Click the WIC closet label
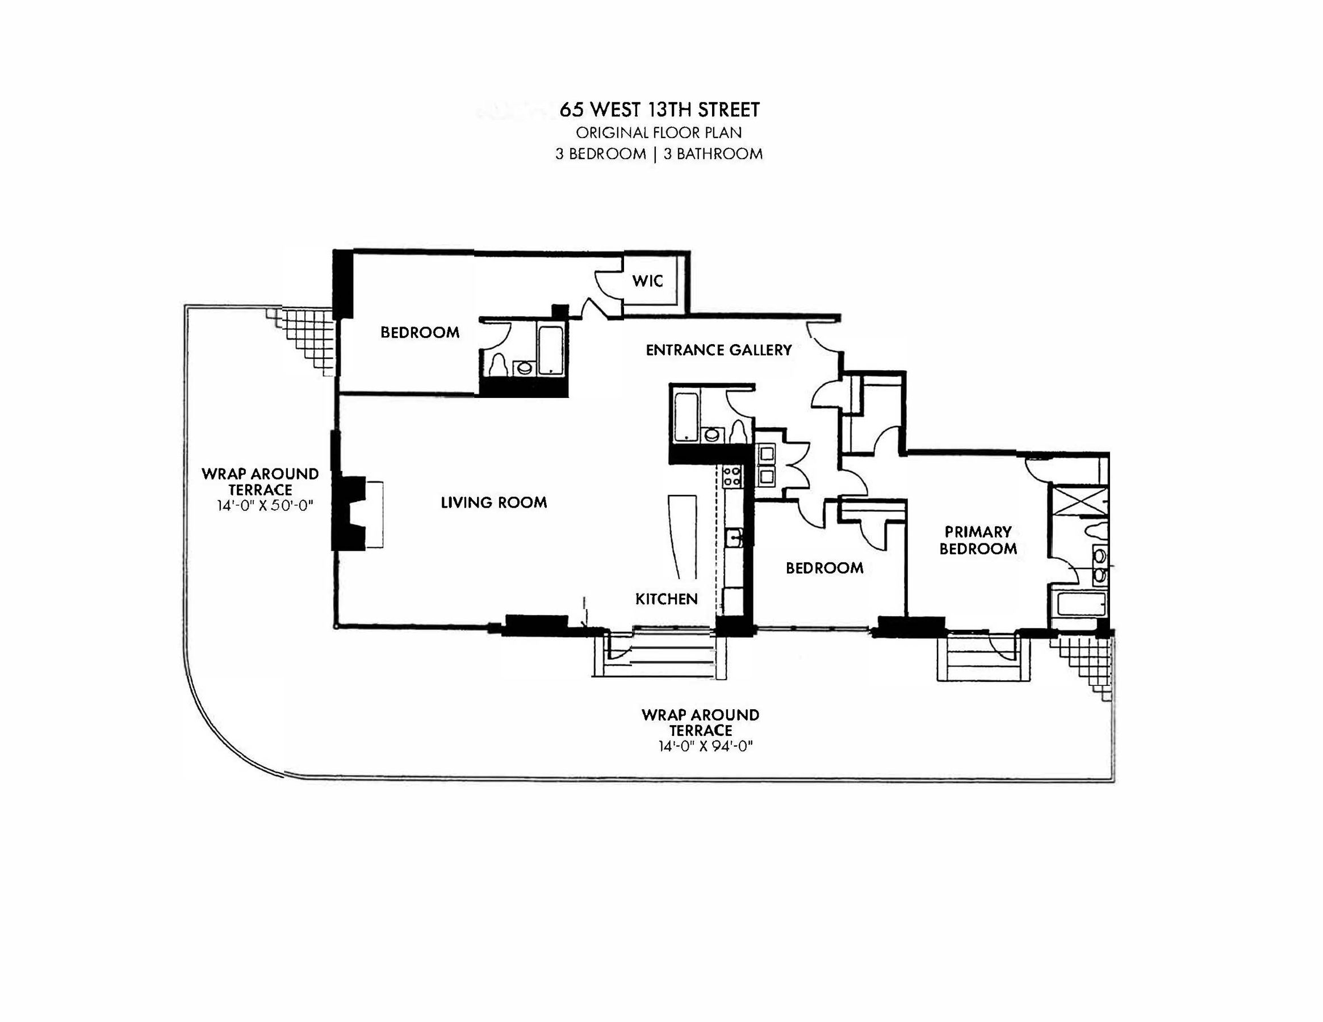[x=647, y=281]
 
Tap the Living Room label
[x=493, y=502]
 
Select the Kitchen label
[x=667, y=599]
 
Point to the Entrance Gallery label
[x=718, y=350]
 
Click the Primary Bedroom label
[x=978, y=541]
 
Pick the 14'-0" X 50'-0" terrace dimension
[x=265, y=505]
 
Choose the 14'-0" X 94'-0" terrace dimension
[x=705, y=747]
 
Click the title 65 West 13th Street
[x=659, y=110]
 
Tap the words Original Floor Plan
[x=659, y=133]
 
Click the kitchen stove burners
[x=732, y=476]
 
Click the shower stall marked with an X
[x=1078, y=499]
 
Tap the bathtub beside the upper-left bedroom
[x=551, y=351]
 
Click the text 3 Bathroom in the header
[x=713, y=154]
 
